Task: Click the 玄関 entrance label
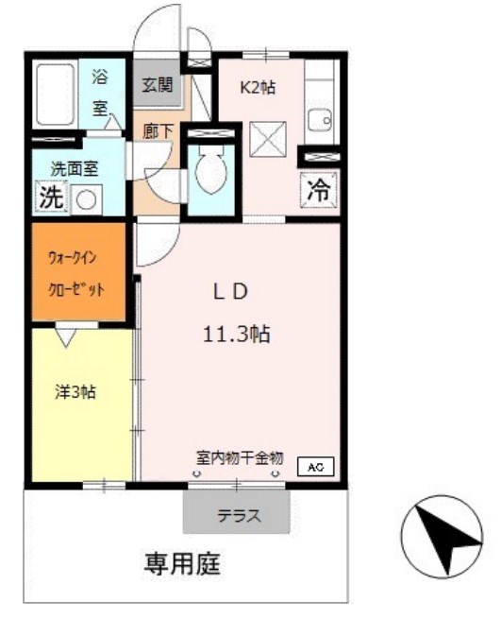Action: [158, 84]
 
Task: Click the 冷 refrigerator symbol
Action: [319, 188]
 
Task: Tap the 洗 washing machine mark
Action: [50, 198]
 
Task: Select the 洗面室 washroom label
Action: [75, 171]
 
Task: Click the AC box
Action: [316, 466]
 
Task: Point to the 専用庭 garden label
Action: [182, 566]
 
